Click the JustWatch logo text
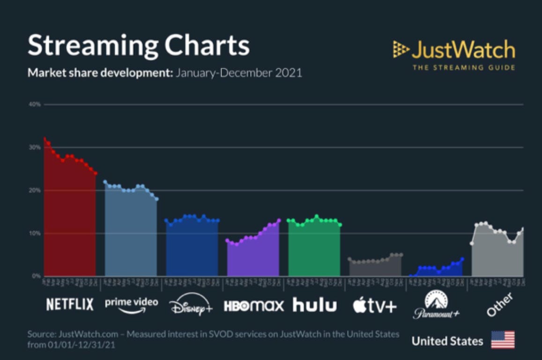pyautogui.click(x=462, y=50)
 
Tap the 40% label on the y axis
pyautogui.click(x=35, y=104)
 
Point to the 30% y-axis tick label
pyautogui.click(x=35, y=147)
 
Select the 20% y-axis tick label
pyautogui.click(x=35, y=191)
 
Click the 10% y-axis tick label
pyautogui.click(x=35, y=233)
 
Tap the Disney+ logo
pyautogui.click(x=191, y=306)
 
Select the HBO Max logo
pyautogui.click(x=254, y=306)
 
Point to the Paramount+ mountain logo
pyautogui.click(x=436, y=304)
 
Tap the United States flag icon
pyautogui.click(x=503, y=340)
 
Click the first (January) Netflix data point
pyautogui.click(x=45, y=139)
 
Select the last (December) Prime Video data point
pyautogui.click(x=157, y=199)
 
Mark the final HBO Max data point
pyautogui.click(x=279, y=220)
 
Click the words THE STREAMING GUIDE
pyautogui.click(x=463, y=67)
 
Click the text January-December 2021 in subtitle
pyautogui.click(x=238, y=73)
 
